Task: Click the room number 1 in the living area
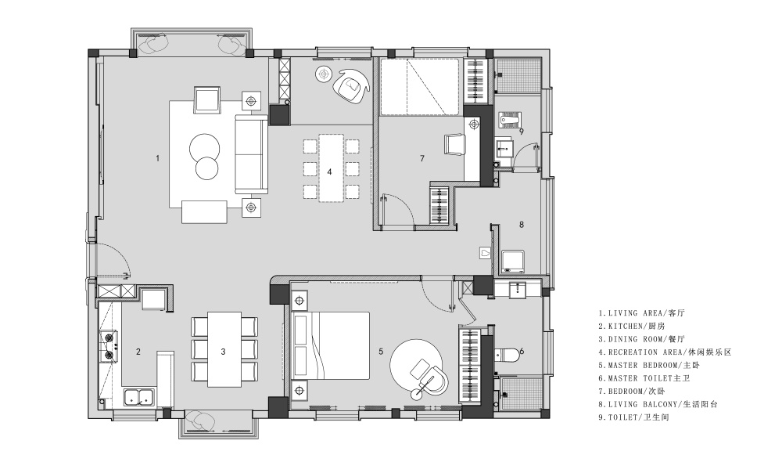coord(158,158)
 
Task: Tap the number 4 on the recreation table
coord(329,172)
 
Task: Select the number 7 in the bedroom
coord(422,158)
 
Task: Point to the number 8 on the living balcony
coord(522,224)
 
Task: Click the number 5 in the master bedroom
coord(381,352)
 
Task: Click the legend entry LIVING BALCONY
coord(658,404)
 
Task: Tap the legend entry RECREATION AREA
coord(665,352)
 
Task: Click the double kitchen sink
coord(139,398)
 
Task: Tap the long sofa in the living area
coord(251,153)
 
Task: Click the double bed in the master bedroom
coord(331,348)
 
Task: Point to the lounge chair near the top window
coord(351,85)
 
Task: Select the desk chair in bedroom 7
coord(454,145)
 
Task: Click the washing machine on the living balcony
coord(513,262)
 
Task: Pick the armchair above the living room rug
coord(207,99)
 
